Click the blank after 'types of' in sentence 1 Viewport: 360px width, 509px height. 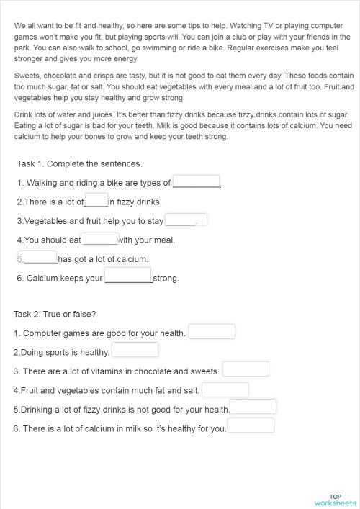(x=196, y=182)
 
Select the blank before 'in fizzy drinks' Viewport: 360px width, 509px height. (x=96, y=201)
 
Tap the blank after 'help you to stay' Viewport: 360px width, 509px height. (x=185, y=220)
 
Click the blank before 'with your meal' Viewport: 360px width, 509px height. (x=99, y=239)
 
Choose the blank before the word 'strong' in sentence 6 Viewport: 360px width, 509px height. (x=127, y=276)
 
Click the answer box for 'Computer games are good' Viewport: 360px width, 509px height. (x=212, y=332)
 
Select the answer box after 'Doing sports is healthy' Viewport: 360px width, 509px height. (x=135, y=351)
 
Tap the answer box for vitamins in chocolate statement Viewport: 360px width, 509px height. (x=246, y=369)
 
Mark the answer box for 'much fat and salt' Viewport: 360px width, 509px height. (x=225, y=389)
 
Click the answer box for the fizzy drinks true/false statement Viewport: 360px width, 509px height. (x=253, y=407)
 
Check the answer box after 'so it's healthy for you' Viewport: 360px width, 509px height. (x=251, y=426)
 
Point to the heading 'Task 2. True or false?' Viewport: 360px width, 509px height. (x=55, y=314)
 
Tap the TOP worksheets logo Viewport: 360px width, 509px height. (x=335, y=500)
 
